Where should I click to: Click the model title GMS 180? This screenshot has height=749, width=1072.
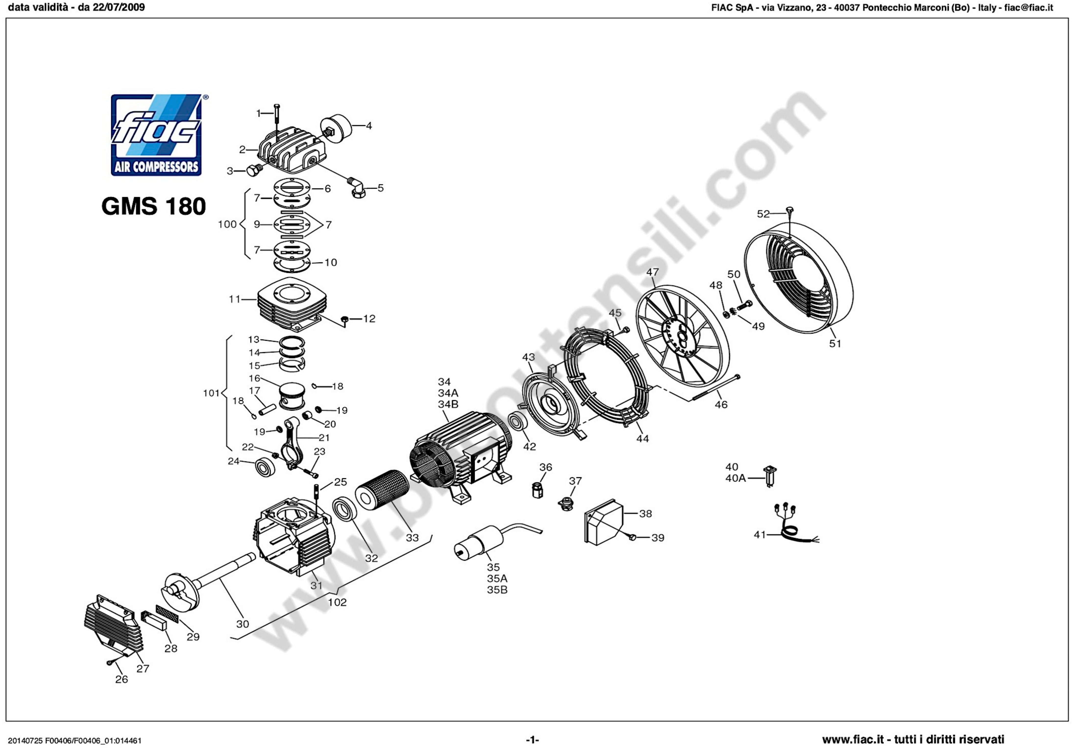click(154, 206)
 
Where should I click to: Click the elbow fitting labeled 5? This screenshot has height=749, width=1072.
click(357, 187)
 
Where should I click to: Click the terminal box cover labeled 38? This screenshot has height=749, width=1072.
click(604, 522)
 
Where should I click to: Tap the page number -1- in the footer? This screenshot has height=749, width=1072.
click(532, 740)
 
